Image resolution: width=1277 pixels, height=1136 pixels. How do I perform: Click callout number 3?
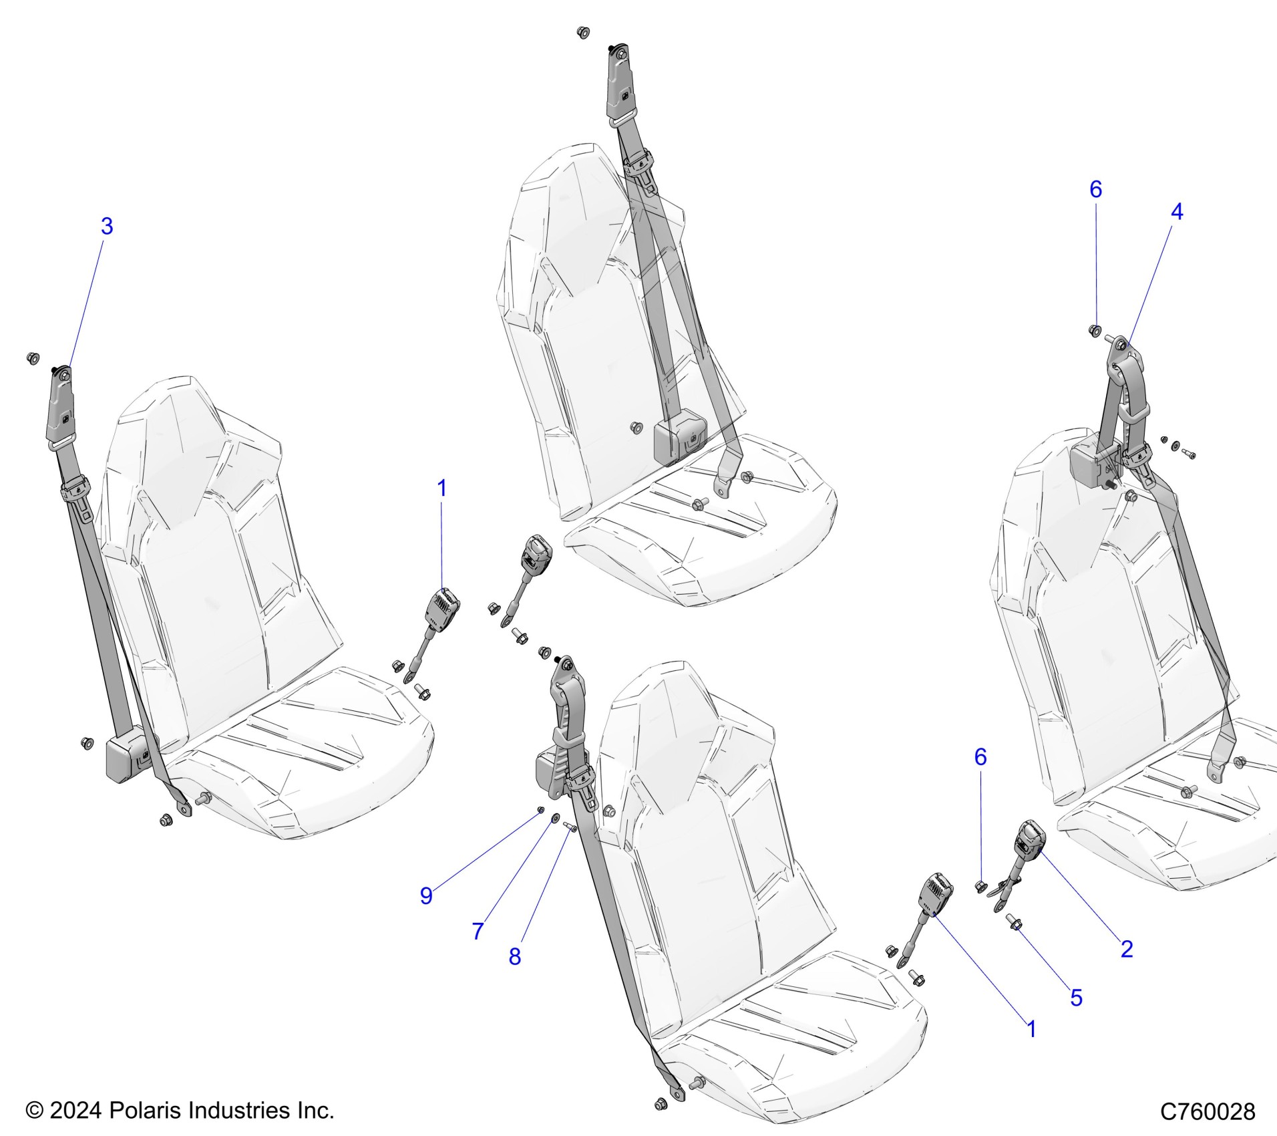point(107,227)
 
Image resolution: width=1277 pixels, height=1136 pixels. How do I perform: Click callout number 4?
point(1177,212)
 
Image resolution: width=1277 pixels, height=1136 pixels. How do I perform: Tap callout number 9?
point(426,895)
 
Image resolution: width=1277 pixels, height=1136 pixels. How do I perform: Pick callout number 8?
point(514,956)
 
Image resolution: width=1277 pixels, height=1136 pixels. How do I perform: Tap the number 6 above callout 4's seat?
point(1096,190)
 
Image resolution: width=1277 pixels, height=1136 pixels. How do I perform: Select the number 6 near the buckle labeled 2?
point(980,756)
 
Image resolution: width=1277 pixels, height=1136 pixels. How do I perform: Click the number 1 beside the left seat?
point(441,488)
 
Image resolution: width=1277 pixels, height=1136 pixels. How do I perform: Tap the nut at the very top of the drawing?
point(582,31)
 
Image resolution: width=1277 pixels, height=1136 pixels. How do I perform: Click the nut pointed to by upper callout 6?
point(1095,330)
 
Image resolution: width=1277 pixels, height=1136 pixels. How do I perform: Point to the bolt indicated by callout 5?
point(1015,924)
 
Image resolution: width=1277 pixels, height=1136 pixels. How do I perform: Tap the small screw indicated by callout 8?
point(571,828)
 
